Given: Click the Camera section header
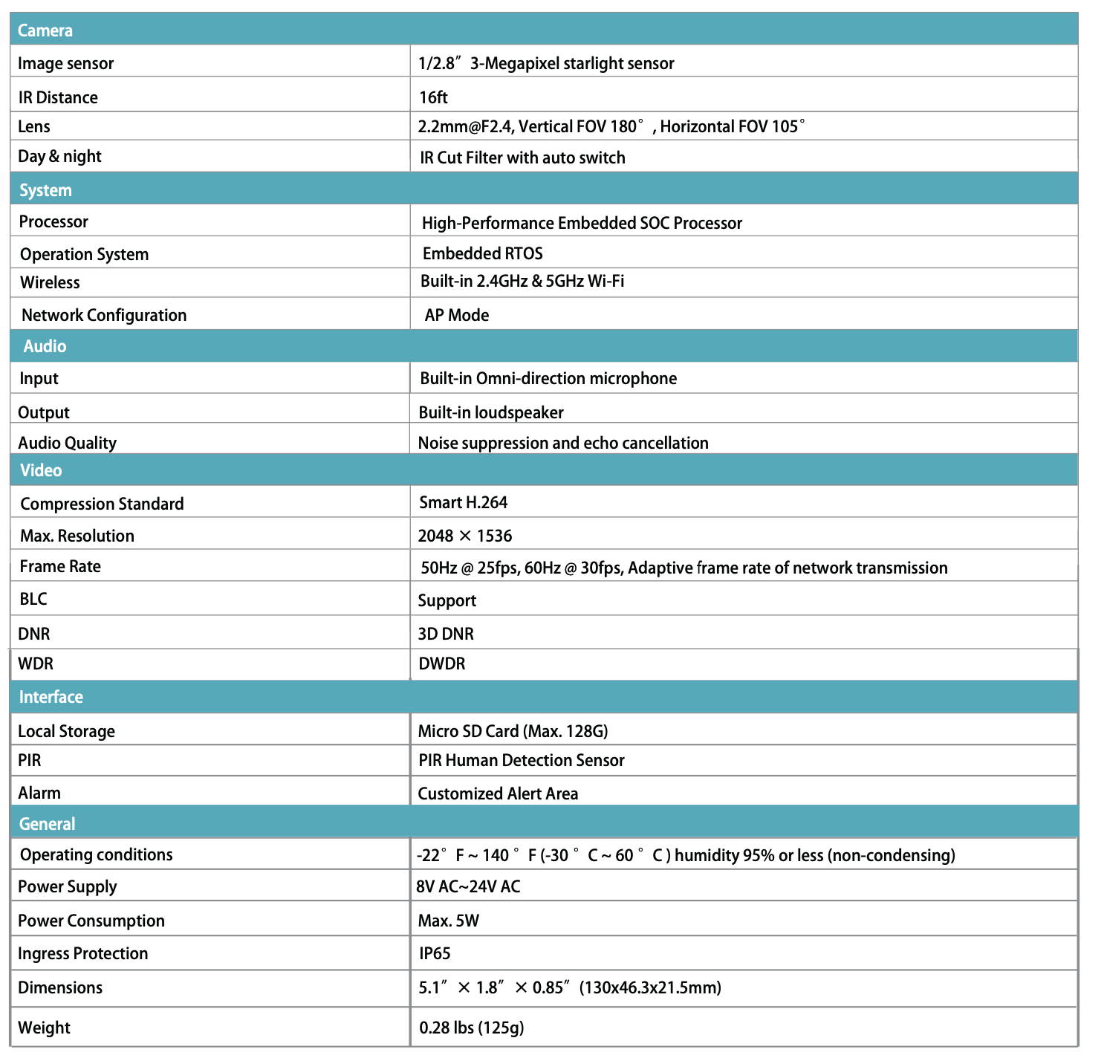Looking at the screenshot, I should pyautogui.click(x=45, y=30).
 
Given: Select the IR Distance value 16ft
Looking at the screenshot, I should pyautogui.click(x=433, y=97).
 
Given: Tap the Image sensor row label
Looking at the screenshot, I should pyautogui.click(x=65, y=64).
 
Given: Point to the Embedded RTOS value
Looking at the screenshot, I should pyautogui.click(x=482, y=254).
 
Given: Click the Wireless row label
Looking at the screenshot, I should pyautogui.click(x=50, y=283).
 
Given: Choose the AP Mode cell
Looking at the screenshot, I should pyautogui.click(x=456, y=315).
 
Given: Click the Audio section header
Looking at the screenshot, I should pyautogui.click(x=45, y=346).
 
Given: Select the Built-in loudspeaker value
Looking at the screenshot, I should pyautogui.click(x=490, y=412).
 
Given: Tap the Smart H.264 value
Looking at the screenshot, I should pyautogui.click(x=463, y=503).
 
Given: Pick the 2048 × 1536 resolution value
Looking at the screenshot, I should pyautogui.click(x=464, y=536).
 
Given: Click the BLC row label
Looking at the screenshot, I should pyautogui.click(x=33, y=600).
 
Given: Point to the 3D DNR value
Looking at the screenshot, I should pyautogui.click(x=446, y=634).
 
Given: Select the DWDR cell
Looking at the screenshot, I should pyautogui.click(x=441, y=664).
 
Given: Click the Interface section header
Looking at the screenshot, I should pyautogui.click(x=51, y=697).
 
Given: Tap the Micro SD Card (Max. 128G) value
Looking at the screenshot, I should pyautogui.click(x=513, y=731).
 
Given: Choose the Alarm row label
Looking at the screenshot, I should pyautogui.click(x=39, y=794).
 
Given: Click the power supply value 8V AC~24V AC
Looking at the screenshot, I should pyautogui.click(x=468, y=886).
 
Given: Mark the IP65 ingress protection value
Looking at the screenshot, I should pyautogui.click(x=435, y=954).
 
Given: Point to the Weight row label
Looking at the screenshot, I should pyautogui.click(x=44, y=1028).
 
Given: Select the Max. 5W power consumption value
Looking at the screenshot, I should pyautogui.click(x=448, y=921).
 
